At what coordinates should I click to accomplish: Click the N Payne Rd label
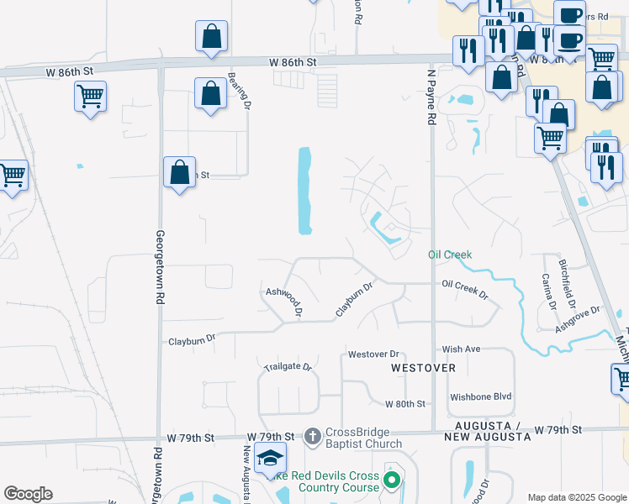click(x=431, y=97)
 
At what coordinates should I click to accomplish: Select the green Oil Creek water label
click(x=450, y=255)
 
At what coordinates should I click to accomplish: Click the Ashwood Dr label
click(x=283, y=302)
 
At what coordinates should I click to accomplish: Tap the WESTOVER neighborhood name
click(x=423, y=368)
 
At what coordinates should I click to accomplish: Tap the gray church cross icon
click(x=312, y=435)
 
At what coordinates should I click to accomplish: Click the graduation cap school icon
click(x=271, y=457)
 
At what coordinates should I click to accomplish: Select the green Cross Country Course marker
click(x=391, y=480)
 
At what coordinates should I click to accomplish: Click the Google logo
click(x=28, y=494)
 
